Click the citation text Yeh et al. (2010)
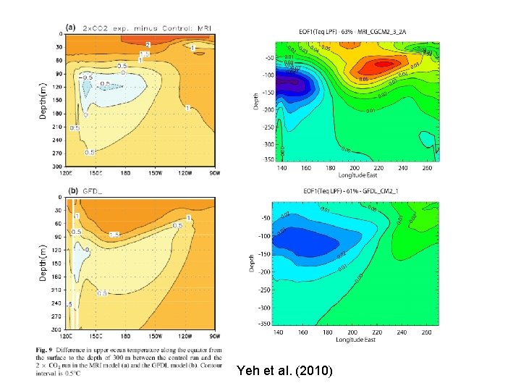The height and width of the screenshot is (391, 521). [284, 371]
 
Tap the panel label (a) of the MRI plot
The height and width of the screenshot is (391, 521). [70, 27]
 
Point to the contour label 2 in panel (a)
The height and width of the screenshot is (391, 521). [148, 45]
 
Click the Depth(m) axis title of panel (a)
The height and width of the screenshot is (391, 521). [43, 100]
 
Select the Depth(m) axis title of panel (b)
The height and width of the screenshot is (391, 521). [43, 261]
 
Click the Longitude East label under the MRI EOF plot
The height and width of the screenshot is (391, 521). [357, 175]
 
